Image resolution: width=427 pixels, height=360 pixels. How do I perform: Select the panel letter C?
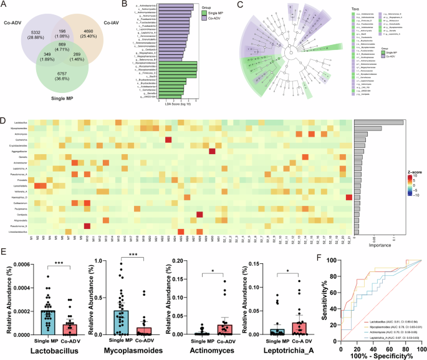click(x=238, y=5)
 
